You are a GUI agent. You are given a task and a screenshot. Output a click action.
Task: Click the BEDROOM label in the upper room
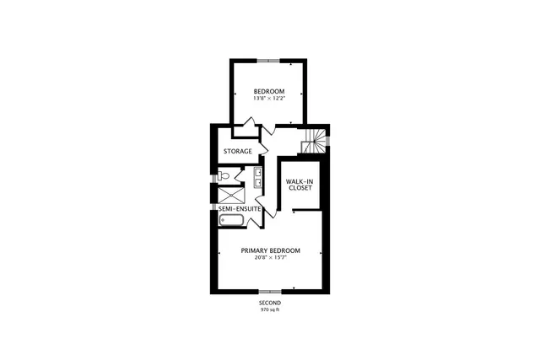269,91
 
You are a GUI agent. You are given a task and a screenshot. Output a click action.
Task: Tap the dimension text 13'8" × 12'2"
269,99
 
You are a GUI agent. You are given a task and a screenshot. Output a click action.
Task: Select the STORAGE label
237,152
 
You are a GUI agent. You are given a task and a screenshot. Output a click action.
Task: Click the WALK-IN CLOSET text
299,185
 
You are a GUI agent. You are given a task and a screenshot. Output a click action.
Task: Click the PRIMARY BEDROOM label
270,250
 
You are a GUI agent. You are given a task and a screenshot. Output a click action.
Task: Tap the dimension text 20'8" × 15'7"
270,258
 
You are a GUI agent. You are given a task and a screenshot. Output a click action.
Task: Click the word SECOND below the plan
270,303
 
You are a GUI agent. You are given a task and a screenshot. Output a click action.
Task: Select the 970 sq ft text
270,310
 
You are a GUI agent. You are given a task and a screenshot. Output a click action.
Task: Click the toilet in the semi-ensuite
224,176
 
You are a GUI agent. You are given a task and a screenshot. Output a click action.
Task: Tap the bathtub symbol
231,221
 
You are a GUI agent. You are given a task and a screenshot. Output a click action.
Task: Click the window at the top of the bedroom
269,59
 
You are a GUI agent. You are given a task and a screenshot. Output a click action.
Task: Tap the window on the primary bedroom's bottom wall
270,292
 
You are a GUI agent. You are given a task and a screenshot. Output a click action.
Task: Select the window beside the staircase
328,140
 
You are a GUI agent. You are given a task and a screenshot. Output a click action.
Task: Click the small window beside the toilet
213,176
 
